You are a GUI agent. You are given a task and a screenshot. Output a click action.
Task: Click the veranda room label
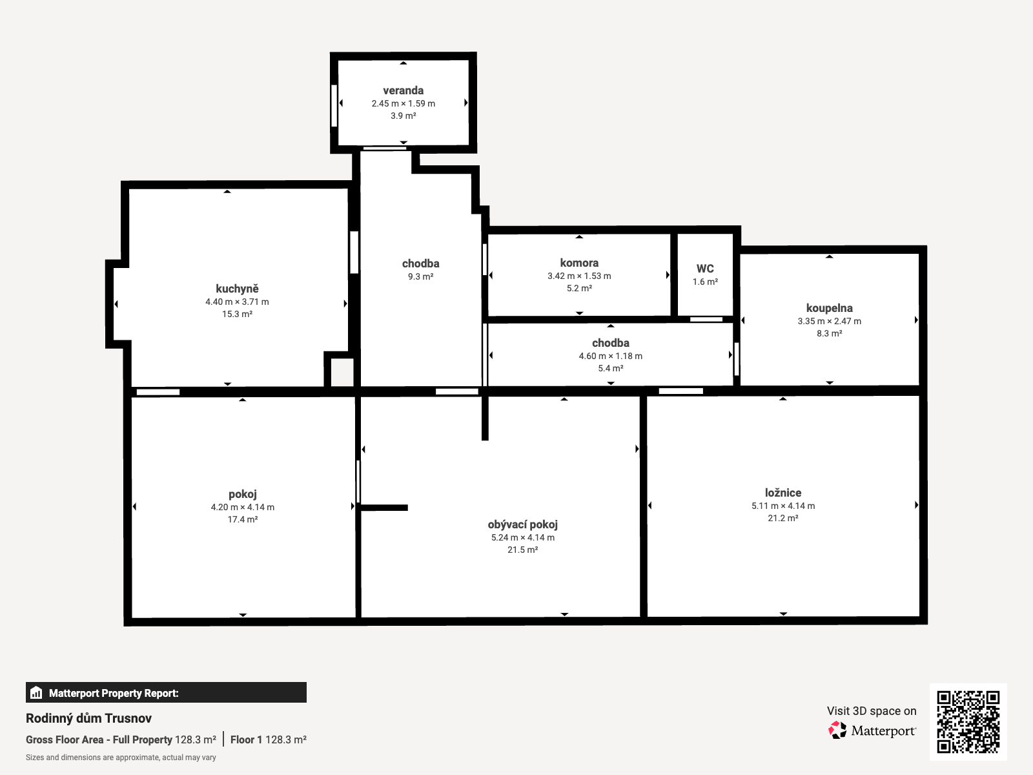(403, 90)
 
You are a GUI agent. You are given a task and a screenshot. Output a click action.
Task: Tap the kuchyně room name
(237, 289)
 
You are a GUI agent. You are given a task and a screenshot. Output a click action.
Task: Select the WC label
(705, 269)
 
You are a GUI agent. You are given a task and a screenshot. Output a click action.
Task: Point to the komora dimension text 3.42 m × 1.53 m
(579, 276)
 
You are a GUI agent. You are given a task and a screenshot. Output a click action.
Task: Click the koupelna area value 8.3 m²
(829, 333)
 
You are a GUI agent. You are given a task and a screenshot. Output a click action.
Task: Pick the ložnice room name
(783, 493)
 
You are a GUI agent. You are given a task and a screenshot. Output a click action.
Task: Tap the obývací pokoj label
(522, 524)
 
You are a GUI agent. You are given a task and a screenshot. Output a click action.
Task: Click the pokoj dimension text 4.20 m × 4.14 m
(242, 507)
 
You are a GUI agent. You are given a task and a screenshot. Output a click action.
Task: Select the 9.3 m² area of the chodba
(420, 276)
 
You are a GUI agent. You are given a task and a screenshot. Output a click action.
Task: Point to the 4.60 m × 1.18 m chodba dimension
(610, 356)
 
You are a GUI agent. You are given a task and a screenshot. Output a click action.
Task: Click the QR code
(968, 722)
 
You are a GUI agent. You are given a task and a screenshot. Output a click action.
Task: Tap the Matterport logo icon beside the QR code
(837, 730)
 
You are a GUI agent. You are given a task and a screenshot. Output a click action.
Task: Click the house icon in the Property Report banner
(36, 692)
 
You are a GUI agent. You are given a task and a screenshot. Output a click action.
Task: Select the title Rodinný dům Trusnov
(88, 718)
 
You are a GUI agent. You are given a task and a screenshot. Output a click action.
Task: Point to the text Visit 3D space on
(872, 710)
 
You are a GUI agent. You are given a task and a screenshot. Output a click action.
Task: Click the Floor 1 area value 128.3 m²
(285, 739)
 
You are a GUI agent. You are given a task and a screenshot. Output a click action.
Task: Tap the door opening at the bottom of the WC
(706, 320)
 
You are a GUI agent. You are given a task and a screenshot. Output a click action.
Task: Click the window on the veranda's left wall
(334, 105)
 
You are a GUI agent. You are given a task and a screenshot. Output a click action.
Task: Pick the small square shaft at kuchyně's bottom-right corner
(342, 372)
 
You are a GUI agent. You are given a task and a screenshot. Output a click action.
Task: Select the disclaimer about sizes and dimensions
(121, 757)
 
